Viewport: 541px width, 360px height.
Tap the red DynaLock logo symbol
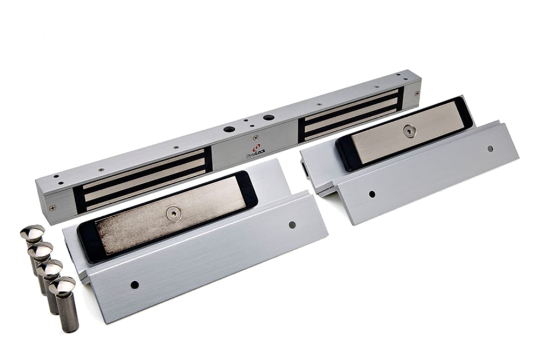pos(256,148)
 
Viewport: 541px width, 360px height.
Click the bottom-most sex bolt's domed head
pos(62,285)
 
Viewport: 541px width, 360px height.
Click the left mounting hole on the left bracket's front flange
pos(135,285)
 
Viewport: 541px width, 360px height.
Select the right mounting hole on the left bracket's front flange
pos(292,225)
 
